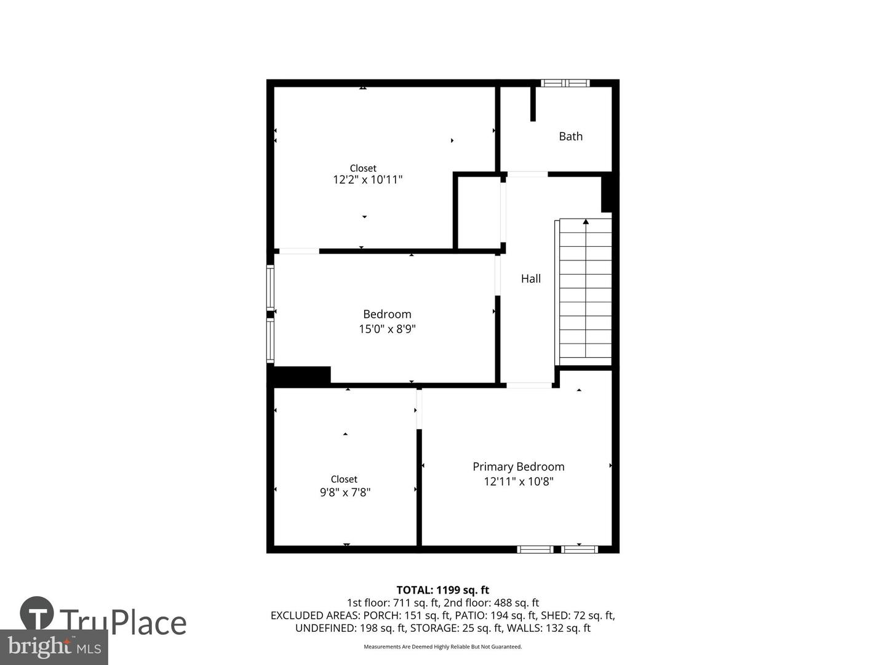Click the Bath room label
[570, 136]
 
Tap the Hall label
[530, 278]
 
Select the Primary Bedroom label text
[518, 467]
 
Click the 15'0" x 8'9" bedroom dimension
[387, 329]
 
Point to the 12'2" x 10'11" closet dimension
[367, 180]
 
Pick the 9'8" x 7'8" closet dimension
[345, 492]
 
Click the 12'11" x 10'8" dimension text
[518, 482]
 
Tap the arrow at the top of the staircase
[586, 222]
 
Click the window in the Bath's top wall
[565, 83]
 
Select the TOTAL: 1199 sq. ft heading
[442, 590]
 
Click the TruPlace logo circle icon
[37, 613]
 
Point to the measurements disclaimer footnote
[442, 647]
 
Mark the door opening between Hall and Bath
[527, 174]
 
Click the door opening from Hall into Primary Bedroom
[529, 385]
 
